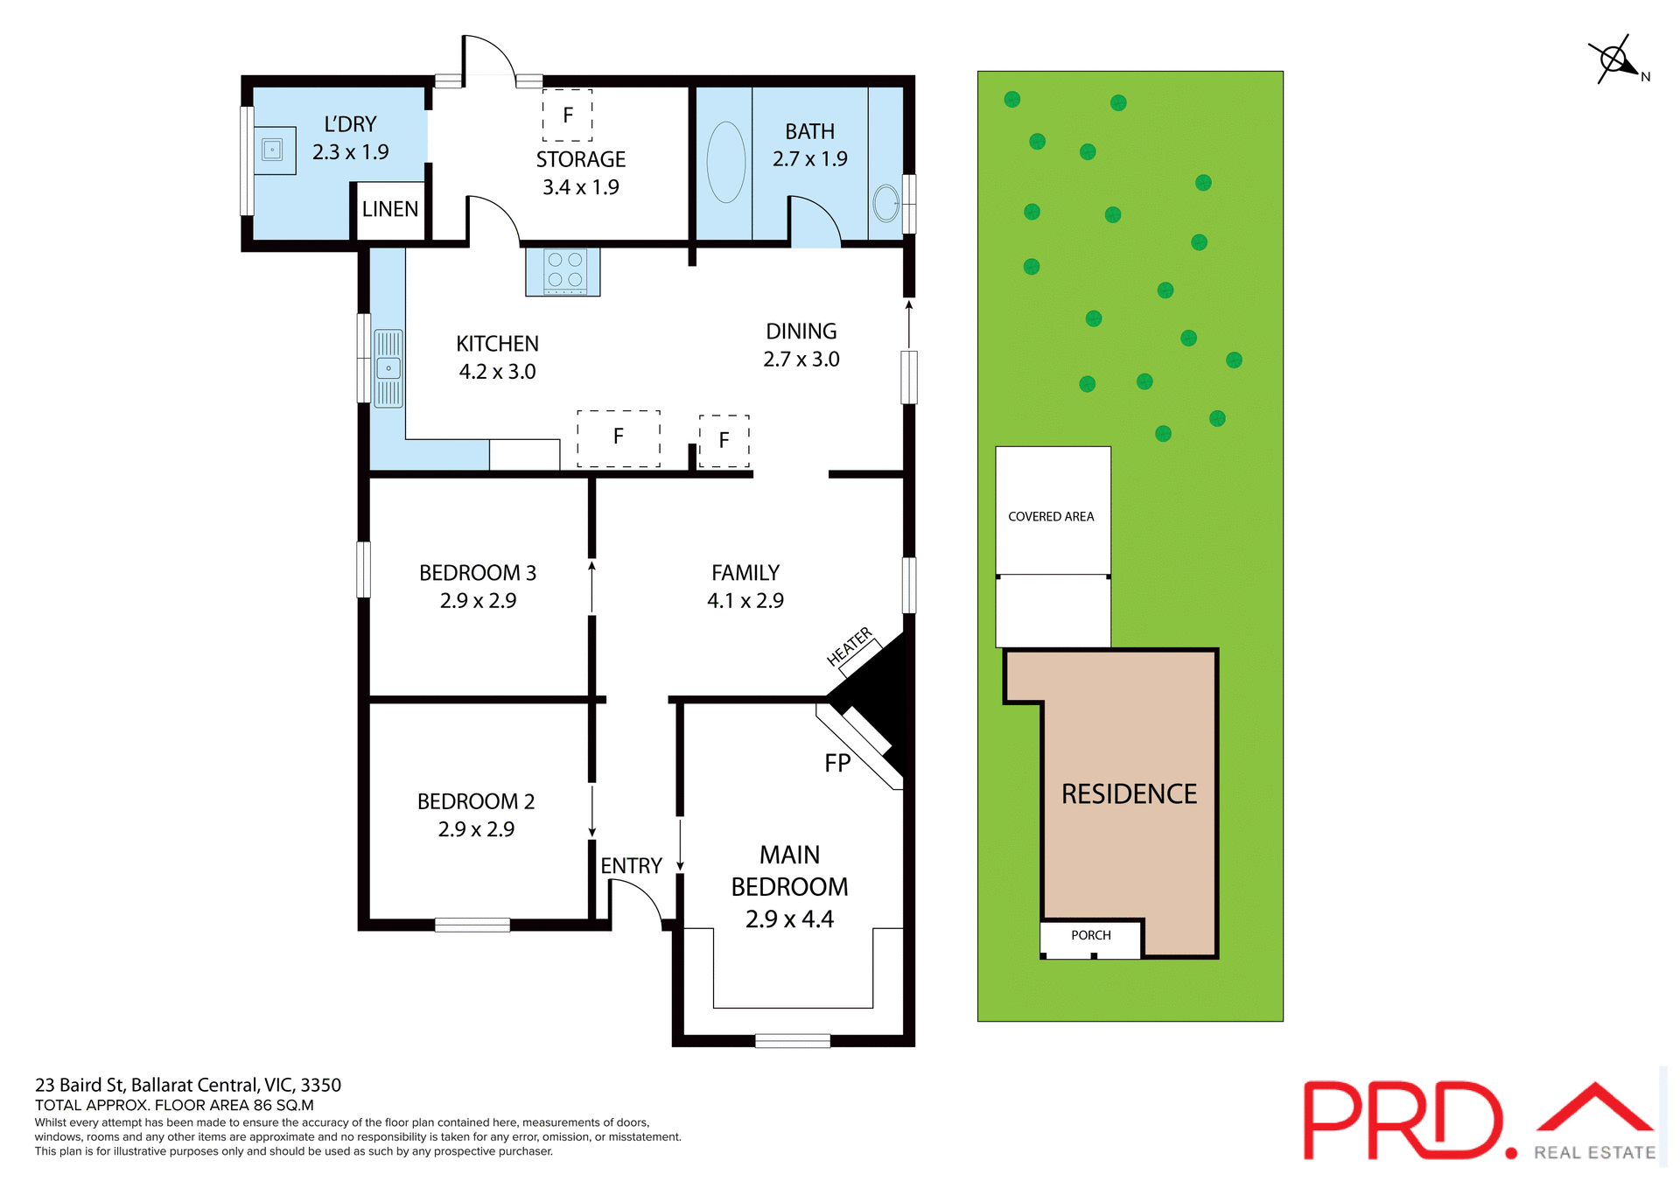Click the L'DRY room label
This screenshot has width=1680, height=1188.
click(350, 124)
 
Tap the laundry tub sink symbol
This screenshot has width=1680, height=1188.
click(273, 150)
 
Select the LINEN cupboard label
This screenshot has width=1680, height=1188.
click(390, 209)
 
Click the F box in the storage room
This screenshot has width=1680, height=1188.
click(568, 115)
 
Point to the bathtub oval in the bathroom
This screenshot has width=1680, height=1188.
click(725, 162)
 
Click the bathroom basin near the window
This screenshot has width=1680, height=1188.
click(885, 204)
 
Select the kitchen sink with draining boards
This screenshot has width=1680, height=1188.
click(388, 368)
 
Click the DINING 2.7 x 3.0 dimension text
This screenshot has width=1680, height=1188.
click(801, 359)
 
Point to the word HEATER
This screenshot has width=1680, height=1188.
click(850, 646)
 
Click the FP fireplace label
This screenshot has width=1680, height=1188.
click(837, 763)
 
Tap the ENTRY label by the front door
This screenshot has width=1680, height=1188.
click(631, 865)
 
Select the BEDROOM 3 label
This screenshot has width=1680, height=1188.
click(478, 573)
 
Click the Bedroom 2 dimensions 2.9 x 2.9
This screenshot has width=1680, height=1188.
click(476, 828)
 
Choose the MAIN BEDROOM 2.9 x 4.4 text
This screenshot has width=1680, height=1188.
click(789, 886)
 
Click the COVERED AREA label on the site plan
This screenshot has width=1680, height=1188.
click(1051, 516)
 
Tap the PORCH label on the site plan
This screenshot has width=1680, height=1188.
click(1090, 935)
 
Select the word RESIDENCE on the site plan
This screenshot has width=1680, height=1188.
click(1129, 793)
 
